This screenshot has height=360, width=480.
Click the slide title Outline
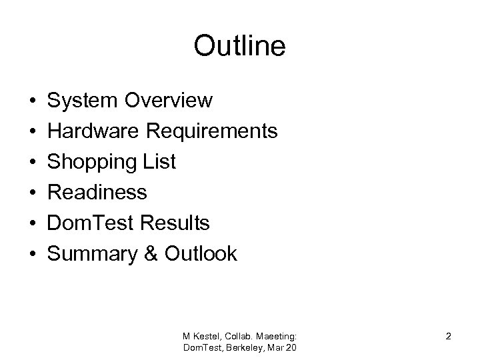[x=239, y=46]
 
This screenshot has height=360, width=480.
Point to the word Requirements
[x=213, y=131]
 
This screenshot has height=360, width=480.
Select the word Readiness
[x=97, y=193]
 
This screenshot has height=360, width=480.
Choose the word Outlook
[x=201, y=253]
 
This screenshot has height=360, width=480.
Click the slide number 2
[x=449, y=336]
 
